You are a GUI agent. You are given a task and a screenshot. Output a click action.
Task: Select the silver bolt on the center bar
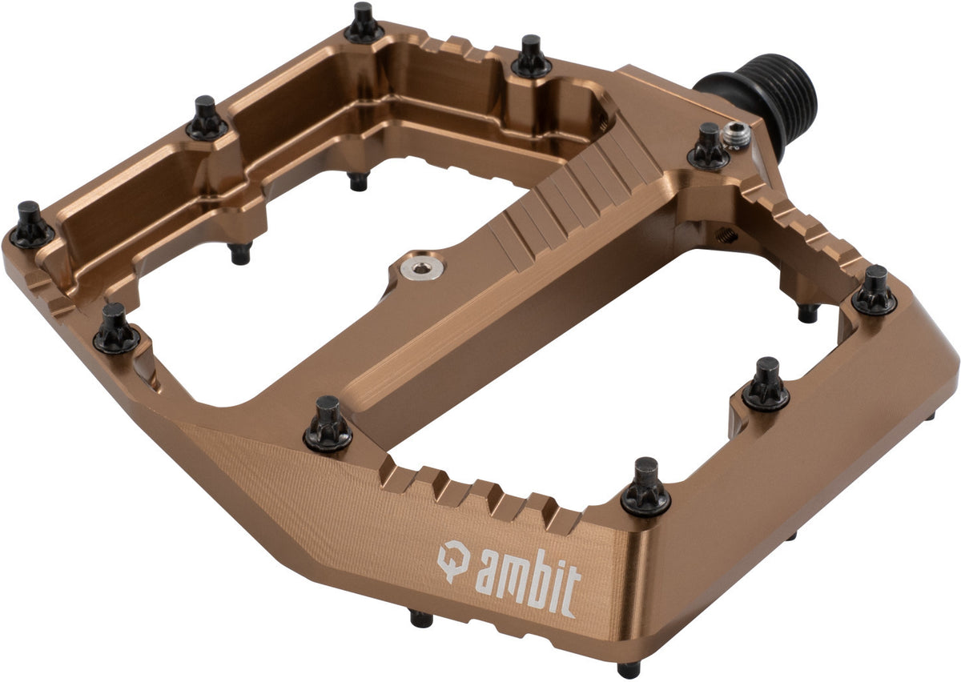pyautogui.click(x=422, y=269)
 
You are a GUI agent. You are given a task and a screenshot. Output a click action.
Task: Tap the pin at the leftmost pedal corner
pyautogui.click(x=31, y=224)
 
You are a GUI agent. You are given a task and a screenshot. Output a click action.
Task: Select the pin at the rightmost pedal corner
pyautogui.click(x=875, y=291)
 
